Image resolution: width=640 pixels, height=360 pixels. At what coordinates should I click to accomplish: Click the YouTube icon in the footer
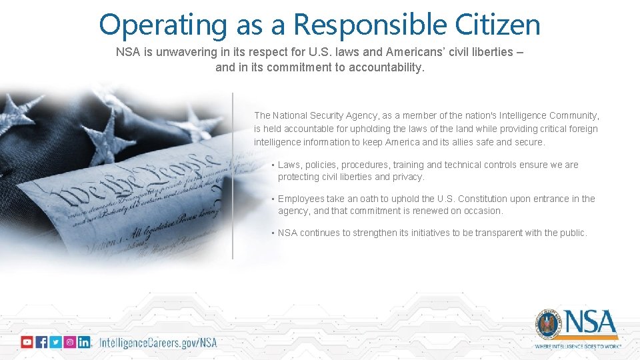[27, 342]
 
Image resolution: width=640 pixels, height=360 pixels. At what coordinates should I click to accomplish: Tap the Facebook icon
[41, 342]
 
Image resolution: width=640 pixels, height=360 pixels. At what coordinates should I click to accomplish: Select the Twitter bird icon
[55, 342]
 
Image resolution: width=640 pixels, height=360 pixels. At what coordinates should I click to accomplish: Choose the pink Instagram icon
[69, 342]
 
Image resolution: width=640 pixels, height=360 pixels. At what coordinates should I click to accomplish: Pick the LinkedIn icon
[84, 342]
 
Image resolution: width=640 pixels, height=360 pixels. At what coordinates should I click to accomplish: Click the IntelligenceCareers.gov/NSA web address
[158, 343]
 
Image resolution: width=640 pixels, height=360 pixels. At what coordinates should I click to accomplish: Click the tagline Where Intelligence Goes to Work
[578, 347]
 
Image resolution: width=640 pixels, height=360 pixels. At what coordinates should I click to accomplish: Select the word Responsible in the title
[371, 25]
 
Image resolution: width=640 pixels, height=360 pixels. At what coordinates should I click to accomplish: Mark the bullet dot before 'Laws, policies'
[273, 165]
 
